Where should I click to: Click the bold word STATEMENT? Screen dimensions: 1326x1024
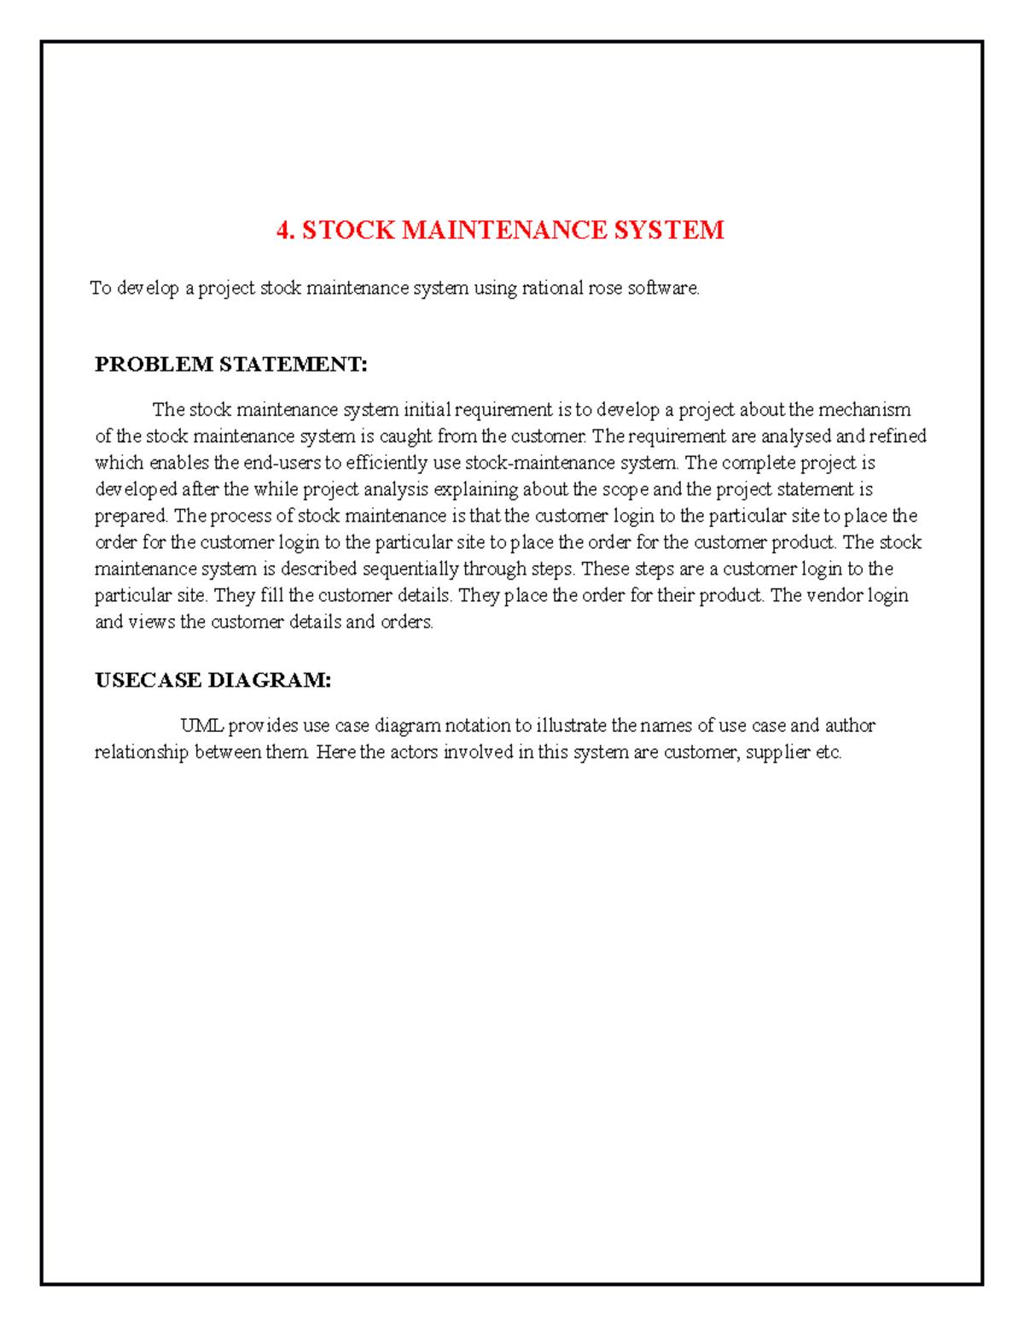click(294, 365)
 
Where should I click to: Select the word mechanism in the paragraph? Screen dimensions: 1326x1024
click(864, 410)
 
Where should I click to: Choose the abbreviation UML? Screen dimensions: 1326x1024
click(201, 726)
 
